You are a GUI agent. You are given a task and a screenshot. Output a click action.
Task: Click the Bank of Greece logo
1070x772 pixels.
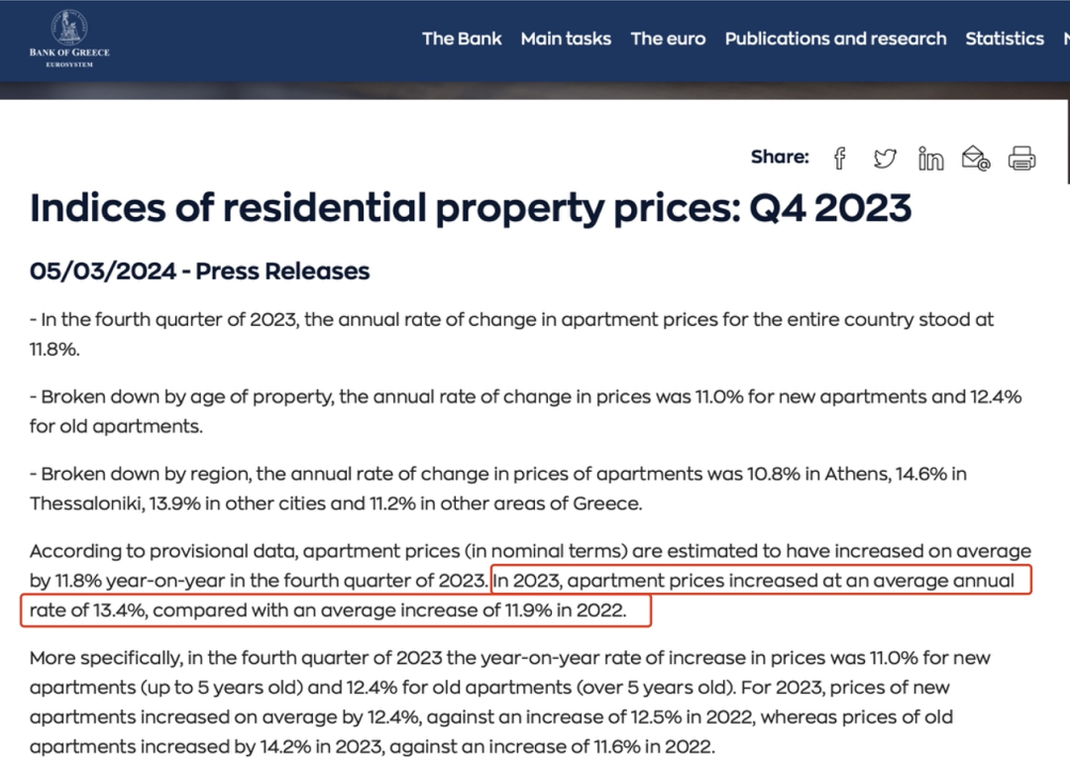point(68,39)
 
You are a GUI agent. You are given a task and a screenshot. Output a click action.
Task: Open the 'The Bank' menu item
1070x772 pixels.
point(462,39)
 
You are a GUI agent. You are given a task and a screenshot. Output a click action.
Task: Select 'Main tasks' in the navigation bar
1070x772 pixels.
point(566,39)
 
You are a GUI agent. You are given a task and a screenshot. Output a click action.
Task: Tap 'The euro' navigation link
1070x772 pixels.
point(668,39)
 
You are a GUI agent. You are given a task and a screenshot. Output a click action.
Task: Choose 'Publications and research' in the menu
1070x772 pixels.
point(835,39)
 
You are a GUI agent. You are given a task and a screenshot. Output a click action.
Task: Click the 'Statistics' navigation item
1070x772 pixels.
point(1005,39)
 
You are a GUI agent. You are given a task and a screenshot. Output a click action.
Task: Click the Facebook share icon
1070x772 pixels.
point(840,158)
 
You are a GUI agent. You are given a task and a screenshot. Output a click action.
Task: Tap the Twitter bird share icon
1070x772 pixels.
point(885,158)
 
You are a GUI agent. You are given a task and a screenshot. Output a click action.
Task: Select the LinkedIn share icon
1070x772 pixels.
point(930,158)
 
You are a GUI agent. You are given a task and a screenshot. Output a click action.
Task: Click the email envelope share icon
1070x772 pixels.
point(976,158)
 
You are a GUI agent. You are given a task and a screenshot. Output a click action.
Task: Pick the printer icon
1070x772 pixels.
point(1021,158)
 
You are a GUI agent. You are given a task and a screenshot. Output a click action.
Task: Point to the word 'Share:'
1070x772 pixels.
point(780,157)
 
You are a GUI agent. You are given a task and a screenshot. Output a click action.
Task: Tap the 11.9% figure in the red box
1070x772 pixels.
point(528,610)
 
